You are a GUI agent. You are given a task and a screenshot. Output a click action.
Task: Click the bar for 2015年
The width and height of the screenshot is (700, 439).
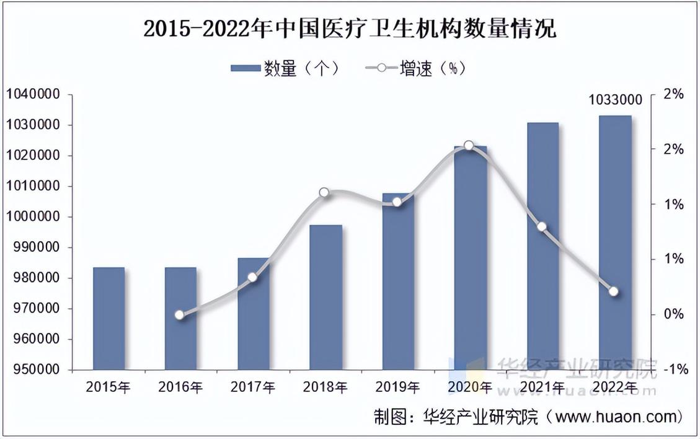point(109,318)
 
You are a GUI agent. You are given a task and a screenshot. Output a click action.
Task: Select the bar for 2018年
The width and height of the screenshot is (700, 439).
point(326,297)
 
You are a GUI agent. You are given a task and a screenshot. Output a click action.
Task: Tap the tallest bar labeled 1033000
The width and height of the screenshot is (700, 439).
point(616,242)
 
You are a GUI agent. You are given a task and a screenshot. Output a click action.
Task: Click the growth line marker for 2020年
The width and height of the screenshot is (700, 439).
point(469,146)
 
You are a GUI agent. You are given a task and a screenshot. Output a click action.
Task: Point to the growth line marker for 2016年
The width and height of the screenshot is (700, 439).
point(179,315)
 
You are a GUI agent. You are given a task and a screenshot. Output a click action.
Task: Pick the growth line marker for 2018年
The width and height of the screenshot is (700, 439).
point(324,193)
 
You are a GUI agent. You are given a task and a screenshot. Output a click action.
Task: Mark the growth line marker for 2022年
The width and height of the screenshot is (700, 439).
point(614,291)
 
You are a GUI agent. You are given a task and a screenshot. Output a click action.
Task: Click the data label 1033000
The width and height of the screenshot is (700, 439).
point(615,100)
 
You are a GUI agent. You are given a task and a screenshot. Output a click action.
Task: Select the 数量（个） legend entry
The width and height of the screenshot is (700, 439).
point(285,68)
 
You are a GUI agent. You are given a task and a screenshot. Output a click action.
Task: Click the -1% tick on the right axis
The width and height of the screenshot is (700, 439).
point(676,370)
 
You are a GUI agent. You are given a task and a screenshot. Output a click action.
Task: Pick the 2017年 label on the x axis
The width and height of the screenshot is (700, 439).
point(253,388)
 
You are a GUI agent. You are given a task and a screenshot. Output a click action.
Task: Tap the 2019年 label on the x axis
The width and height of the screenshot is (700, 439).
point(398,388)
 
